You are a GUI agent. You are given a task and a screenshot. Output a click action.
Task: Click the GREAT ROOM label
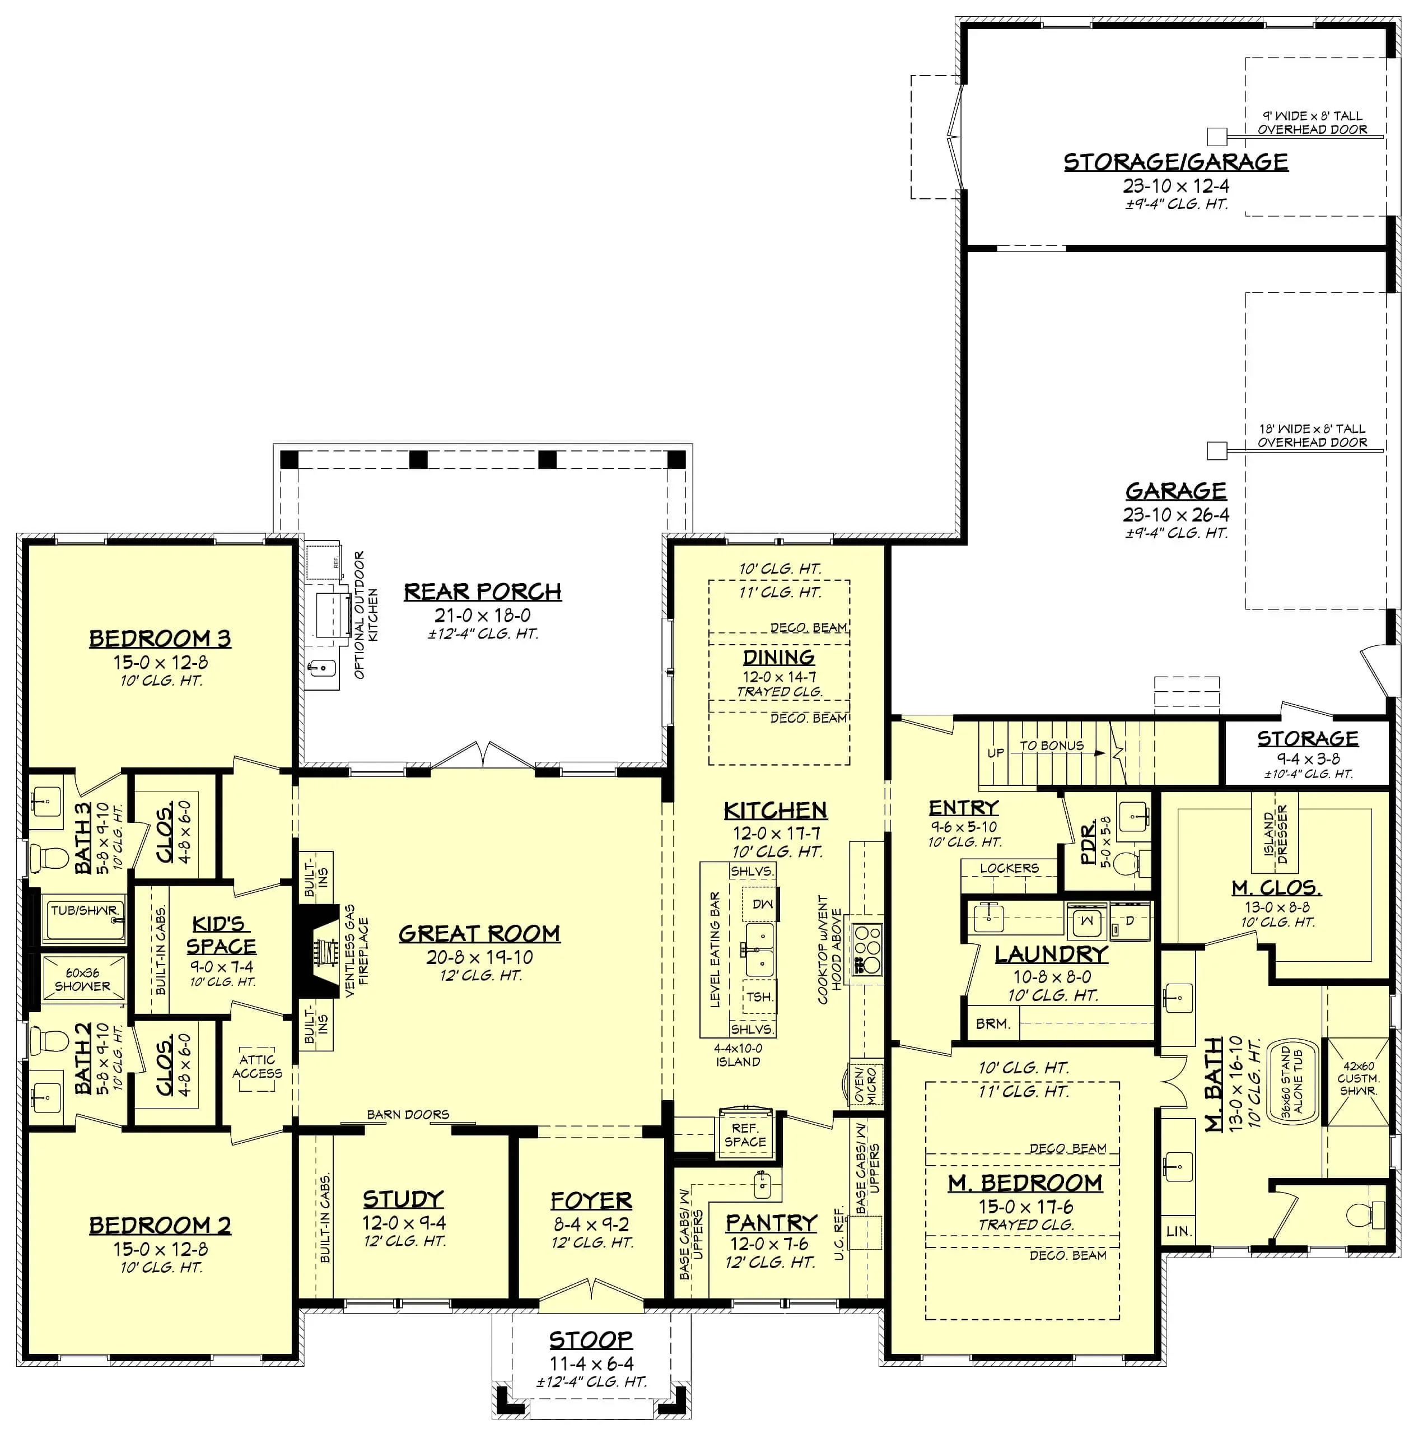(x=479, y=934)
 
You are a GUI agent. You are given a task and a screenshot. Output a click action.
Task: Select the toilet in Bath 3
(x=48, y=858)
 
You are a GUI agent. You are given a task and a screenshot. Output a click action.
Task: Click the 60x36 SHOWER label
(x=82, y=980)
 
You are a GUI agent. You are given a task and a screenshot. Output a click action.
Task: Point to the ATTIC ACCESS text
(x=257, y=1067)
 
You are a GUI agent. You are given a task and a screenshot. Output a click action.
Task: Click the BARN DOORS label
(x=408, y=1115)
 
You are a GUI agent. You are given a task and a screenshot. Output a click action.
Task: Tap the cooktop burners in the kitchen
(x=867, y=948)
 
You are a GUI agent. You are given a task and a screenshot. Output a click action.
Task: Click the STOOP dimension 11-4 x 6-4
(x=591, y=1363)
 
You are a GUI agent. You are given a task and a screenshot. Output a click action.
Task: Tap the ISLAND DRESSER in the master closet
(x=1275, y=833)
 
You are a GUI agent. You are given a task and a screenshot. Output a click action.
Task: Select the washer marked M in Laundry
(x=1088, y=921)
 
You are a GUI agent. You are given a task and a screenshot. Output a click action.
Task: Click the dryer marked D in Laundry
(x=1130, y=921)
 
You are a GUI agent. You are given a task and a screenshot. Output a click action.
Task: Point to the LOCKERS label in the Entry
(x=1009, y=868)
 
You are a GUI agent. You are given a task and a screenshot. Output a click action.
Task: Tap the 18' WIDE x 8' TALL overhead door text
(x=1312, y=436)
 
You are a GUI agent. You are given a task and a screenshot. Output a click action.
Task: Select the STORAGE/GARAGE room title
(x=1175, y=162)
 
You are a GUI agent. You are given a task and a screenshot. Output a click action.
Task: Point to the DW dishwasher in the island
(x=762, y=904)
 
